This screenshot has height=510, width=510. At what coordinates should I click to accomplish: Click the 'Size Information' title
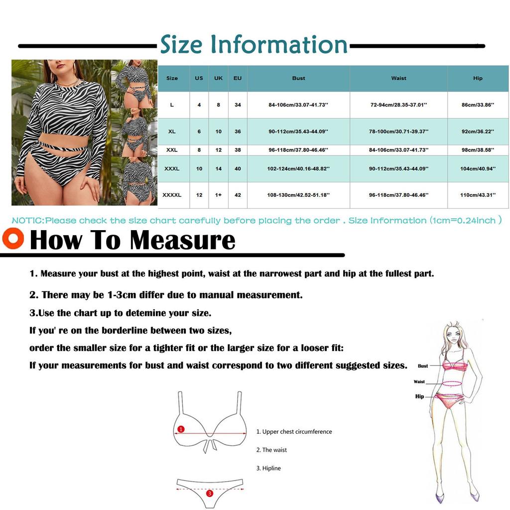coord(254,45)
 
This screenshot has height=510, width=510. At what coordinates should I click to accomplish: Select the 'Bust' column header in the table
coord(298,78)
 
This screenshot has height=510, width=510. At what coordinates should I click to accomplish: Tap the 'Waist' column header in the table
coord(398,78)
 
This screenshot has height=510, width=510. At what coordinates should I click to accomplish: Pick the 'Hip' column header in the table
coord(478,78)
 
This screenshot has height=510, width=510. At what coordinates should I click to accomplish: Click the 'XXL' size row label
coord(172,150)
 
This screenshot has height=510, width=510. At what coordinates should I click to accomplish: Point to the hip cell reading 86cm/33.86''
coord(477,105)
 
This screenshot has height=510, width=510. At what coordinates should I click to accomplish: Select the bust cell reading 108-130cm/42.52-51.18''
coord(298,195)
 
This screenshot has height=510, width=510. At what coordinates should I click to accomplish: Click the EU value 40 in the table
coord(238,169)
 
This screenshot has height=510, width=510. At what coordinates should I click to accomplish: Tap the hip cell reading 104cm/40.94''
coord(478,169)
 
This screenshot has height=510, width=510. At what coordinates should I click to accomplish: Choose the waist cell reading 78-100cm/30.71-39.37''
coord(398,131)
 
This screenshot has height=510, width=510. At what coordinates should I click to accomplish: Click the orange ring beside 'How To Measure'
coord(13,238)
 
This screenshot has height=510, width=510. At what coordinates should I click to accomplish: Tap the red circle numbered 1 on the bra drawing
coord(181,429)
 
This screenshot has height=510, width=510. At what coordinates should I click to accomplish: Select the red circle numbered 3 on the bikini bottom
coord(210,493)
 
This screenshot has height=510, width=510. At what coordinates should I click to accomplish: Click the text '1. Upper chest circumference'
coord(294,432)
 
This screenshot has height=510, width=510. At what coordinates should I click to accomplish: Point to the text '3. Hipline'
coord(268,468)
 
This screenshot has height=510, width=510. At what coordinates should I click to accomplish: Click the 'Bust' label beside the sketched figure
coord(423,366)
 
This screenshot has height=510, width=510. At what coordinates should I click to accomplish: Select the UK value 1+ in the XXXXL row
coord(218,195)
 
